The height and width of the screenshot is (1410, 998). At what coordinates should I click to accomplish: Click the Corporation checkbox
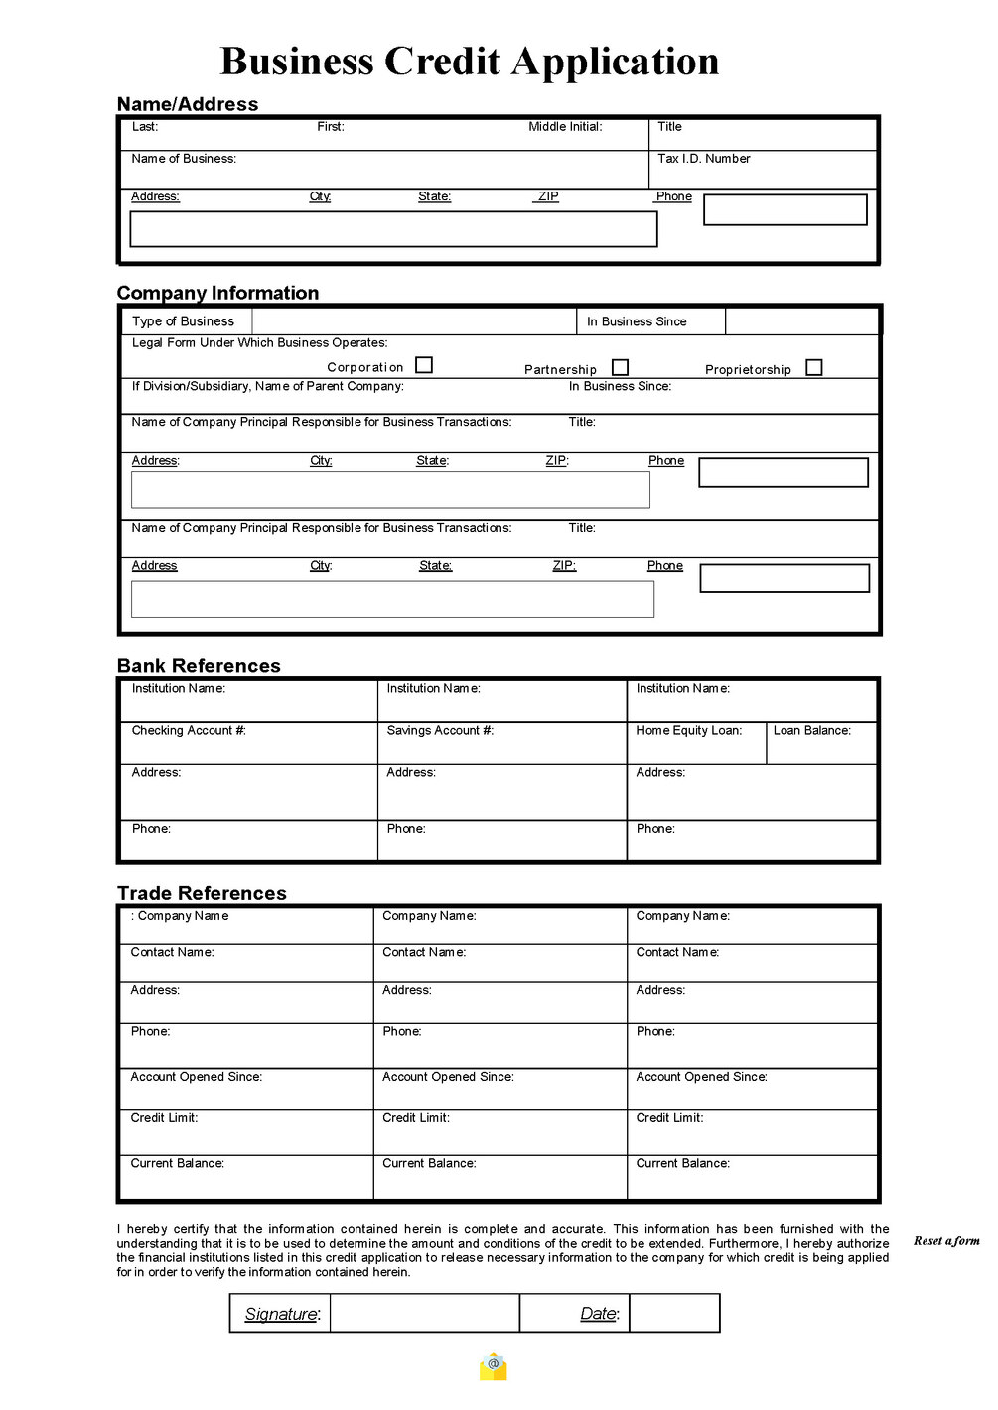click(424, 365)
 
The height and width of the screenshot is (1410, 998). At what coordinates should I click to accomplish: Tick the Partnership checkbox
click(621, 367)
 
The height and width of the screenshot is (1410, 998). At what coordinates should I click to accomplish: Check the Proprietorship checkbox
click(814, 367)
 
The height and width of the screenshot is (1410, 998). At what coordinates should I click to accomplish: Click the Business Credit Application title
click(469, 62)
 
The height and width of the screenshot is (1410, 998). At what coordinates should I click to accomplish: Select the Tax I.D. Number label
click(704, 159)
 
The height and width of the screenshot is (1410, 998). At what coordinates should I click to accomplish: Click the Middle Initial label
click(565, 127)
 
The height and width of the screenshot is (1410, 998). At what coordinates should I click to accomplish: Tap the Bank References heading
click(199, 666)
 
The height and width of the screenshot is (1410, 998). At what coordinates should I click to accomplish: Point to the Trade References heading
click(202, 893)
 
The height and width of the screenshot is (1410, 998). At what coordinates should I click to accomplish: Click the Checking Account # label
click(189, 731)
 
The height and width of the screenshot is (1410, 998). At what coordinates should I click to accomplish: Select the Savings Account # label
click(440, 731)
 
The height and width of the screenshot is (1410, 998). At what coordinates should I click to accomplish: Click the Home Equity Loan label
click(689, 731)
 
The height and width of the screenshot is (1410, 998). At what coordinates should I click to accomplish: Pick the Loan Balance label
click(812, 731)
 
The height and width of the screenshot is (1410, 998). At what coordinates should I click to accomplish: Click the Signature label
click(282, 1314)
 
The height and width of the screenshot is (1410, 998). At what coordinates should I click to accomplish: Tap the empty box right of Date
click(674, 1313)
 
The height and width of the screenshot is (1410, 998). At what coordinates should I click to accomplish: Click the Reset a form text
click(946, 1241)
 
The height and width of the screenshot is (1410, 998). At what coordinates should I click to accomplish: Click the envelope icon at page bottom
click(494, 1367)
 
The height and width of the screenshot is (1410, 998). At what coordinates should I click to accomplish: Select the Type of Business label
click(183, 321)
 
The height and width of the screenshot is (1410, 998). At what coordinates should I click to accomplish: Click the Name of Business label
click(184, 159)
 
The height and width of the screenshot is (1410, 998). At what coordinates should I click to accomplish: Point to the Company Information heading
click(217, 293)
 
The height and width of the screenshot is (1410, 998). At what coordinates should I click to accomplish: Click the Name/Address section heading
click(188, 104)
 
